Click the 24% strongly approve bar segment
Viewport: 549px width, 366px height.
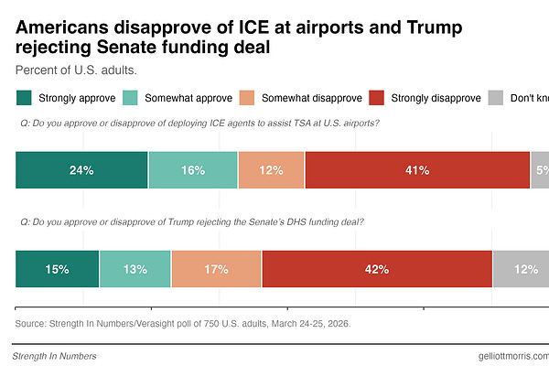[x=81, y=170]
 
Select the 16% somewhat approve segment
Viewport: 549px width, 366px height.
[x=193, y=170]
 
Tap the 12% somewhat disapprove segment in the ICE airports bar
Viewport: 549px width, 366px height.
[x=272, y=170]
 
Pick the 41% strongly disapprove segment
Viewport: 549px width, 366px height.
[x=417, y=170]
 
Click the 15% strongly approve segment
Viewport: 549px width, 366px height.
[x=58, y=269]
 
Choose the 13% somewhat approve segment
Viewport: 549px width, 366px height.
[x=135, y=269]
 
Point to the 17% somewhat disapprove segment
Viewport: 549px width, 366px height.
[x=216, y=269]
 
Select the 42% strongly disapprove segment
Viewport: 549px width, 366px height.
[x=377, y=269]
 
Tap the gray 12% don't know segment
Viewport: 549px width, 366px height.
[x=522, y=269]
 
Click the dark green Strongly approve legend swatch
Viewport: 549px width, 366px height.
[x=24, y=98]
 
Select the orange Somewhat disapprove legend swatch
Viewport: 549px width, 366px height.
[x=246, y=98]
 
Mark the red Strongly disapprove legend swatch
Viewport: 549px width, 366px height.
[x=376, y=98]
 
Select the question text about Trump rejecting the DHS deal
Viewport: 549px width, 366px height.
[x=191, y=222]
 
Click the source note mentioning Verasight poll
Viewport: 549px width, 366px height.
[x=183, y=324]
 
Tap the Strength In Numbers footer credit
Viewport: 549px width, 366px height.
[x=55, y=356]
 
